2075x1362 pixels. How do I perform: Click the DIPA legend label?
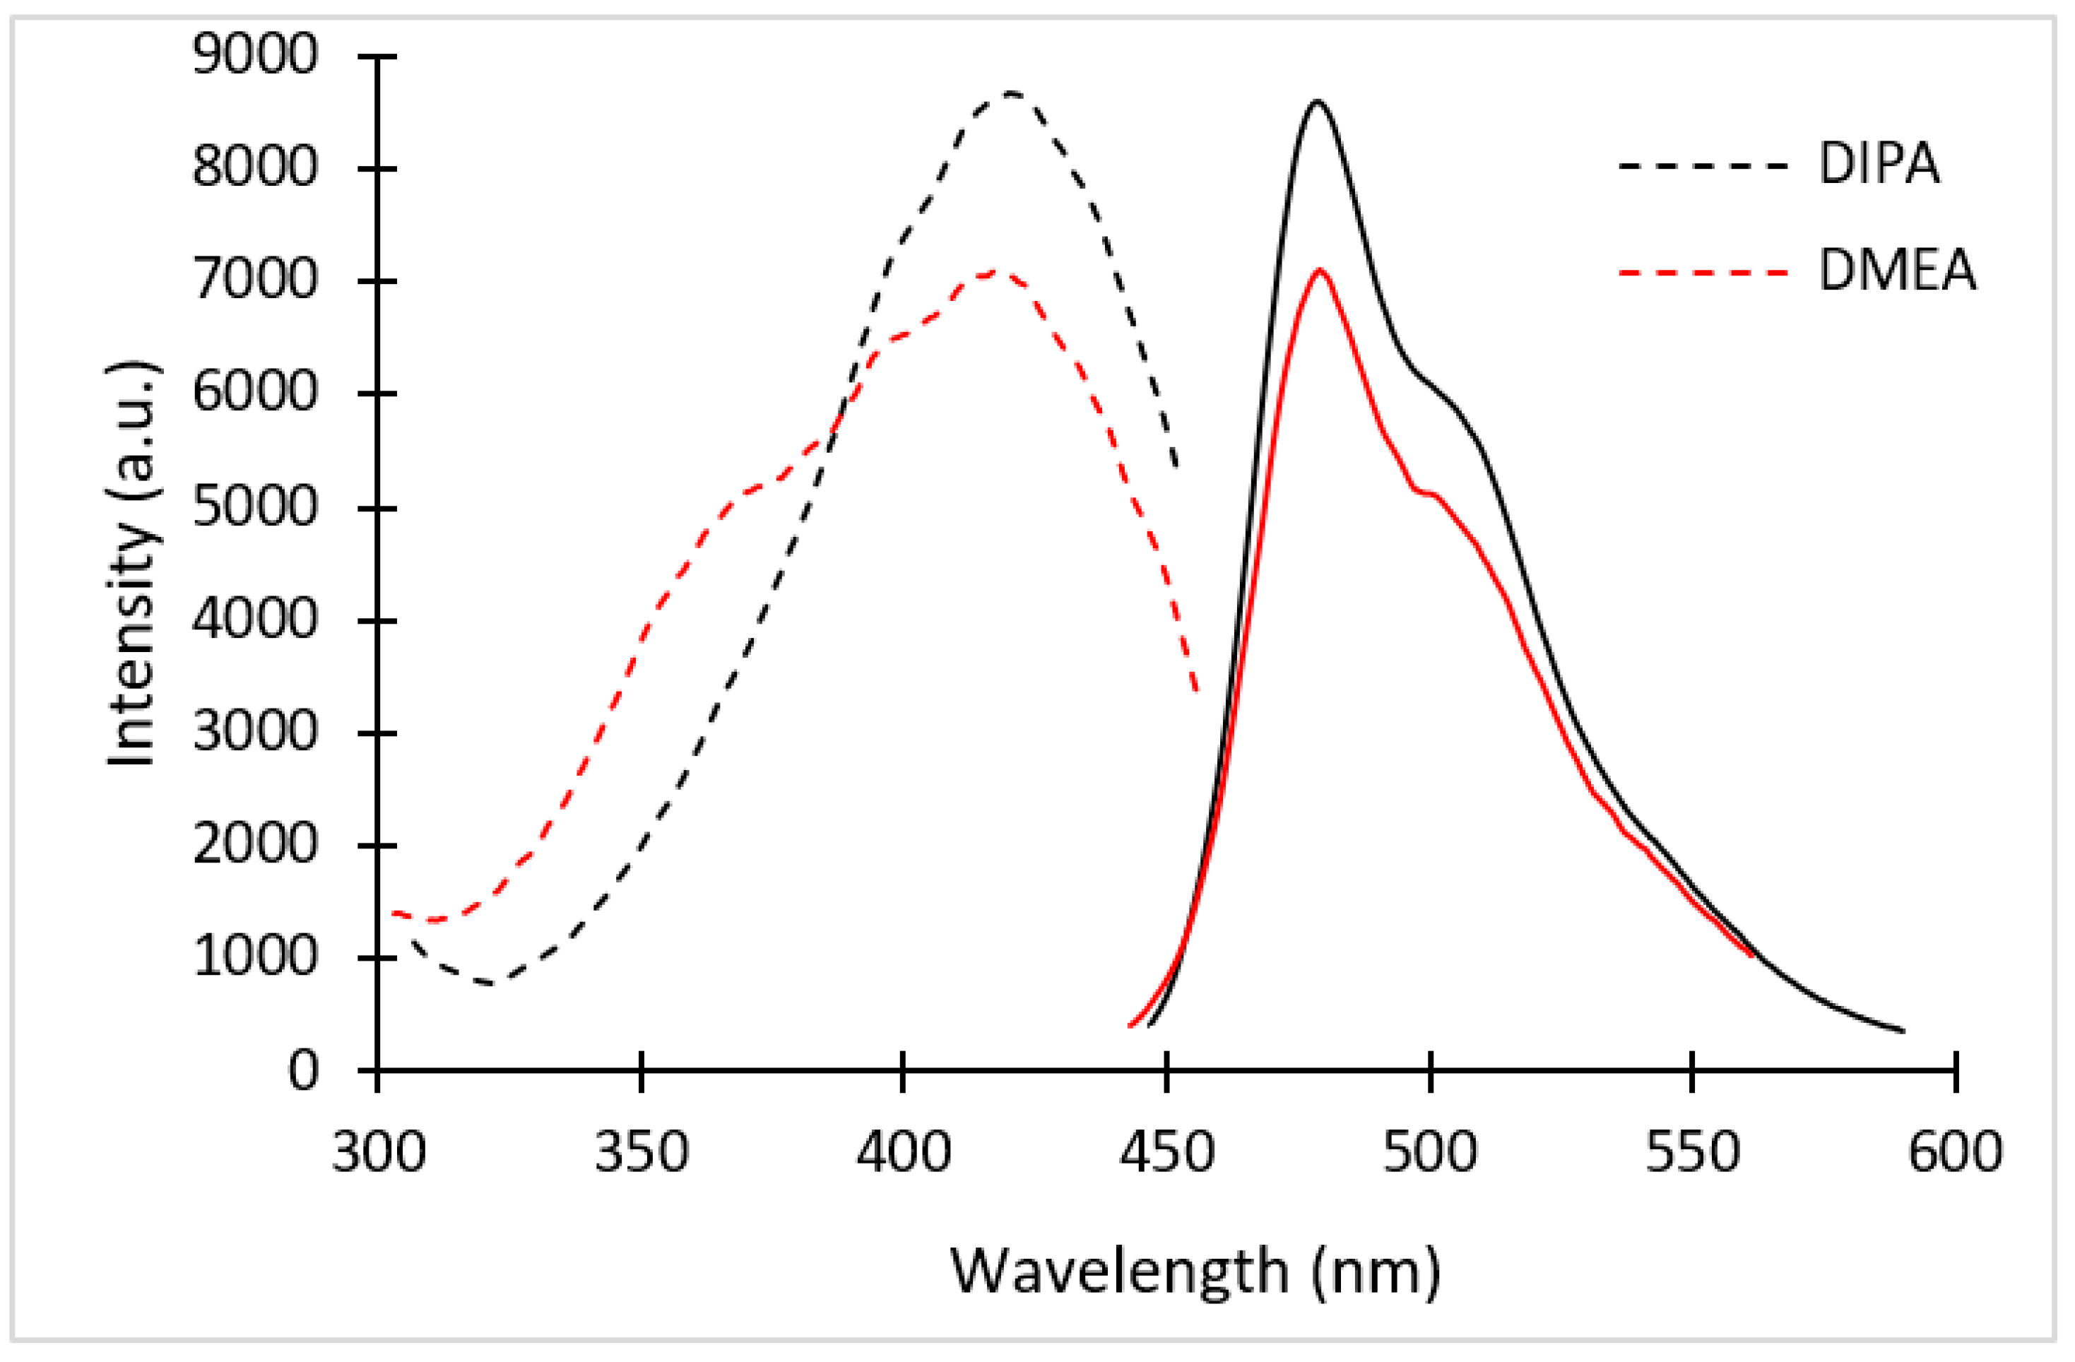pos(1878,163)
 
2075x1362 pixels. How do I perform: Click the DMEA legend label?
pos(1896,271)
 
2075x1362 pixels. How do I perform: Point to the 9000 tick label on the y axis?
pos(254,56)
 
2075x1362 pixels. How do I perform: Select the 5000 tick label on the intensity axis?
pos(254,507)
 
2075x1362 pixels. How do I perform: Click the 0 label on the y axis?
pos(302,1071)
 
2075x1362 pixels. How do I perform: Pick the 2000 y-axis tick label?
pos(254,845)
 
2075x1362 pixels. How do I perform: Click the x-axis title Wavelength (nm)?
pos(1195,1272)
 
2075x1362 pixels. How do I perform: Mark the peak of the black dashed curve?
pos(1010,92)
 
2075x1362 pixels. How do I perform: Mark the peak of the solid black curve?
pos(1316,101)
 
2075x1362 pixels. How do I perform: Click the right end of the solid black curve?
pos(1903,1031)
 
